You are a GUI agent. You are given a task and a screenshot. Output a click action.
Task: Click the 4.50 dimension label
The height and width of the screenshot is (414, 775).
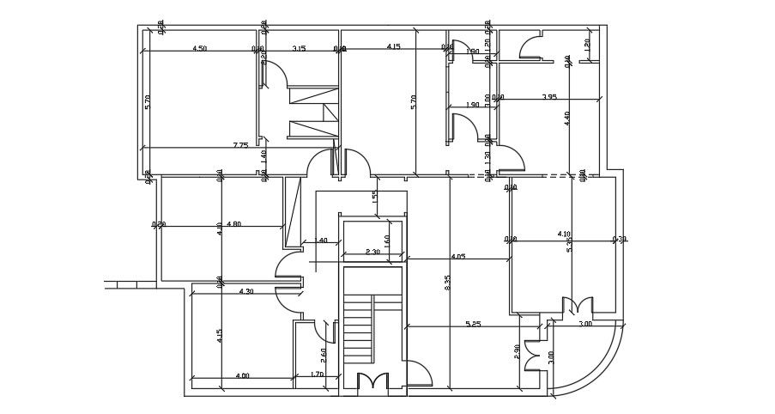click(x=199, y=48)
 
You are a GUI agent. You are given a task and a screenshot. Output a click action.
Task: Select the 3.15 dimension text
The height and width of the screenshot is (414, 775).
click(x=299, y=48)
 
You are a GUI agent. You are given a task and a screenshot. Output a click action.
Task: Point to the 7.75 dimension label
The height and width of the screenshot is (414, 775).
click(x=240, y=145)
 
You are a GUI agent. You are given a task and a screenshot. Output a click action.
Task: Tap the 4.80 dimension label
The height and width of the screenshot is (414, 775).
click(x=233, y=224)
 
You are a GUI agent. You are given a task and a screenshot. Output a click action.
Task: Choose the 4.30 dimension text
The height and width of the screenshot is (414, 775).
click(x=246, y=291)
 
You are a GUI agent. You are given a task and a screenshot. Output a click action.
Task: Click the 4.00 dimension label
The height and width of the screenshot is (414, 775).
click(x=242, y=374)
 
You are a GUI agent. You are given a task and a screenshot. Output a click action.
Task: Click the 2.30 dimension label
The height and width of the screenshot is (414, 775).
click(x=372, y=252)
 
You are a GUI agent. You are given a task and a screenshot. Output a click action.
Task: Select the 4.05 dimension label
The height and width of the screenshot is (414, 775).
click(x=457, y=255)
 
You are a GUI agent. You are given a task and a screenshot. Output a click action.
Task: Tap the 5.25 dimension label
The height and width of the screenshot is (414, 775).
click(x=473, y=324)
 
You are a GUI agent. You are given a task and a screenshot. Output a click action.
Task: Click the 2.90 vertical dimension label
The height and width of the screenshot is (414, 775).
click(x=517, y=352)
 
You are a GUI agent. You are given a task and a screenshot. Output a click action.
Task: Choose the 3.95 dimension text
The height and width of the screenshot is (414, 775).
click(x=549, y=96)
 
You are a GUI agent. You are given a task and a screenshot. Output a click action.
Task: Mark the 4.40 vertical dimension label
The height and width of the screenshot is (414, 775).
click(x=567, y=119)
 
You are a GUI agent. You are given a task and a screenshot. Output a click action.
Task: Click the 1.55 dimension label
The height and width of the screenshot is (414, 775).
click(x=375, y=197)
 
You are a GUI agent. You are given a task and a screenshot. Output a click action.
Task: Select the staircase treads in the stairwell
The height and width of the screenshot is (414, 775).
click(x=360, y=332)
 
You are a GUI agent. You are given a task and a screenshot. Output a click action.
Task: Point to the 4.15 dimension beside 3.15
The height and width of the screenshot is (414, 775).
click(x=394, y=46)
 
